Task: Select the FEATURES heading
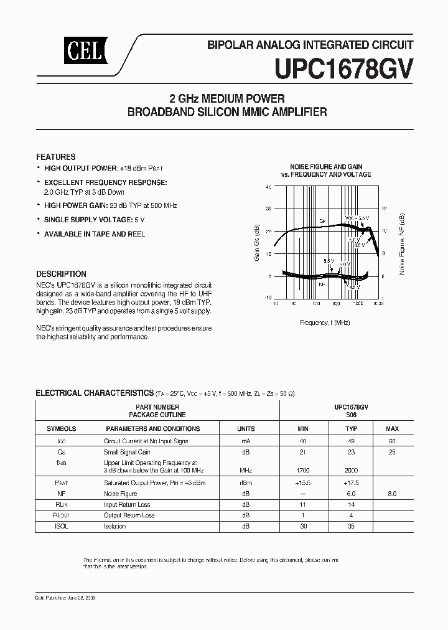click(x=56, y=157)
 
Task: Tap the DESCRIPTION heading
click(x=61, y=274)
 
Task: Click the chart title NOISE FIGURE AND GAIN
click(x=326, y=167)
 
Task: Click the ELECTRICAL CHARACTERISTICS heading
click(x=94, y=393)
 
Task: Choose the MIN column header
click(x=303, y=429)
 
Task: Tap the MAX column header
click(x=392, y=429)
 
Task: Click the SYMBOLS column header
click(x=61, y=429)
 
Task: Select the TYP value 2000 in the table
click(x=352, y=471)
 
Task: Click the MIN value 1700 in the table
click(x=303, y=471)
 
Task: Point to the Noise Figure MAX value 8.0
click(x=392, y=493)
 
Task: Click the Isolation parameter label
click(x=114, y=526)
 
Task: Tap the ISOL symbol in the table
click(x=61, y=526)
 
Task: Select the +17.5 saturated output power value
click(x=352, y=482)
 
